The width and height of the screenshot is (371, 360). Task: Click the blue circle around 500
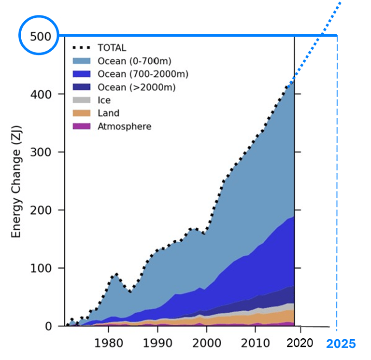pos(39,35)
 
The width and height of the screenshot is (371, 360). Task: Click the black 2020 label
pos(300,343)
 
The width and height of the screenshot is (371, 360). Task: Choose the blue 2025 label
pos(341,344)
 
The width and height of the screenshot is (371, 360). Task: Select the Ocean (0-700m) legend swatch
pos(82,61)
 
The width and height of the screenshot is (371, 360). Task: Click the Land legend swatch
pos(82,113)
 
